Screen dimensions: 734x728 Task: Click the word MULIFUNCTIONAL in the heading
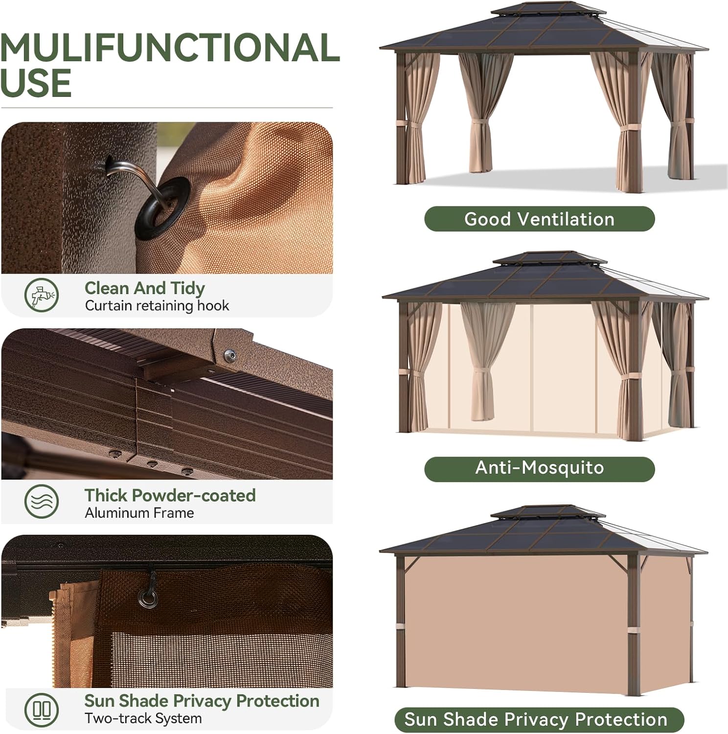170,48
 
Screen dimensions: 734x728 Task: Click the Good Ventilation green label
539,219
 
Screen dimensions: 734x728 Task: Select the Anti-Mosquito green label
539,468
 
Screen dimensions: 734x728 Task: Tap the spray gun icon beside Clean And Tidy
42,295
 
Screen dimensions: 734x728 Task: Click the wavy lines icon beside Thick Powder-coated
42,502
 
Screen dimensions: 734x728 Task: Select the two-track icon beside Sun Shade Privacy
42,709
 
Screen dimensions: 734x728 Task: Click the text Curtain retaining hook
157,306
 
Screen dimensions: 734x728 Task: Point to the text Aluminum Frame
139,513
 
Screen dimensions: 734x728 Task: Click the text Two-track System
143,718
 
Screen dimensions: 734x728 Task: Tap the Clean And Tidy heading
144,288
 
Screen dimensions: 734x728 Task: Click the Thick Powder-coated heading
170,495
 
